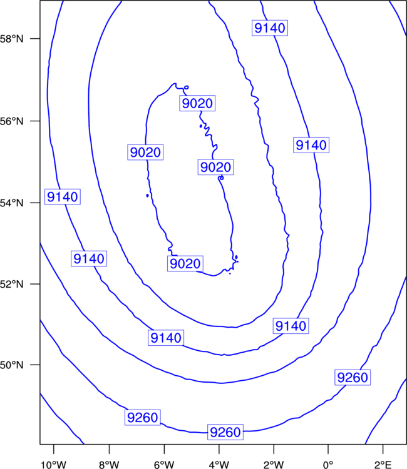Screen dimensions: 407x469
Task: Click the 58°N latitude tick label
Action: click(11, 39)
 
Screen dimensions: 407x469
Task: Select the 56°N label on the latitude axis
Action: click(11, 121)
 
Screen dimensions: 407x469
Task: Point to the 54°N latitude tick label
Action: click(11, 203)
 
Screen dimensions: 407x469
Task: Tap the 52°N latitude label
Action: click(11, 284)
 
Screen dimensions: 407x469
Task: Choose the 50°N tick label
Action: click(11, 365)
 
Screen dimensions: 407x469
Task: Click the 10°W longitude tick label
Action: click(53, 465)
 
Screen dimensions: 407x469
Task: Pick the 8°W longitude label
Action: click(109, 465)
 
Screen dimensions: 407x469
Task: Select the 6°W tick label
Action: click(164, 465)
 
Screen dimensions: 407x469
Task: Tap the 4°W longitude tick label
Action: click(219, 465)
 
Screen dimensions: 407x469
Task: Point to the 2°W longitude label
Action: click(274, 465)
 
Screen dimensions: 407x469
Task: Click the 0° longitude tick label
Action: click(328, 465)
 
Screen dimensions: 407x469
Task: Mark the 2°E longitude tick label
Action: click(383, 465)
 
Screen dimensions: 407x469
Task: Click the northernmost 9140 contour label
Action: click(270, 28)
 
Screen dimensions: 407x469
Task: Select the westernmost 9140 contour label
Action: click(63, 197)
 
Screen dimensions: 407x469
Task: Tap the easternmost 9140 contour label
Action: click(311, 145)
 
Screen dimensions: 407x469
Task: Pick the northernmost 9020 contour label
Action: click(197, 103)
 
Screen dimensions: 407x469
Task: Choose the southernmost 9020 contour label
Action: click(185, 263)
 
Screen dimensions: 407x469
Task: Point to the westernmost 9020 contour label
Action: click(145, 152)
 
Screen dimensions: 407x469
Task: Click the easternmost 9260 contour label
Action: click(353, 378)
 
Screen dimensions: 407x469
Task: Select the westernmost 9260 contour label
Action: click(143, 417)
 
